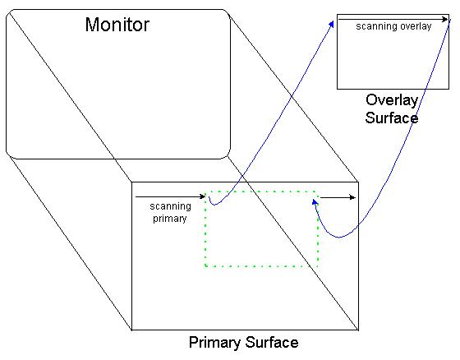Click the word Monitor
(x=117, y=25)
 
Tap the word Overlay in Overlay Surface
(x=392, y=100)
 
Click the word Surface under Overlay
(x=392, y=118)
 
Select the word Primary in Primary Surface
(x=214, y=343)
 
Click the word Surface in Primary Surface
(x=272, y=342)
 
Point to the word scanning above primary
(x=171, y=206)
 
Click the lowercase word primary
(x=170, y=219)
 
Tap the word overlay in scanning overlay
(x=416, y=26)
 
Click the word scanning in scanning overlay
(x=377, y=26)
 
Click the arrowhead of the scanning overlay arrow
(x=445, y=20)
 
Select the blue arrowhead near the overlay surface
(x=332, y=24)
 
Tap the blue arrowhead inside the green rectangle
(x=315, y=202)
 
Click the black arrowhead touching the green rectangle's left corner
(x=202, y=196)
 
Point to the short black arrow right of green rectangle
(x=338, y=197)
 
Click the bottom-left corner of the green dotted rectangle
(x=205, y=266)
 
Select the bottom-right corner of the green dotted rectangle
(x=318, y=266)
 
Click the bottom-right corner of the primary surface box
(x=358, y=330)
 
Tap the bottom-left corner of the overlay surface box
(x=337, y=89)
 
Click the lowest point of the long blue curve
(x=338, y=238)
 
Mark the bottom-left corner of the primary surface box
(x=131, y=330)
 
